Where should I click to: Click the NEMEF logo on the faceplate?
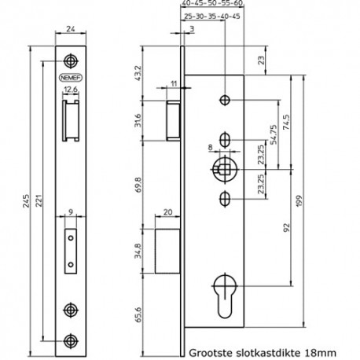tap(71, 78)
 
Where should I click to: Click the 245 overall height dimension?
tap(26, 201)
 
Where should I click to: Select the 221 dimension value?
tap(39, 200)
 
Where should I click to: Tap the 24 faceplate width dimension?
tap(71, 28)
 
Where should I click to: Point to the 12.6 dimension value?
tap(71, 90)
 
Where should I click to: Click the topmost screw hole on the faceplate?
tap(71, 61)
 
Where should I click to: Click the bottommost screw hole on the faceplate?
tap(71, 341)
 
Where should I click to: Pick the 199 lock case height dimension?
tap(299, 201)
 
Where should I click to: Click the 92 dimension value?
tap(287, 227)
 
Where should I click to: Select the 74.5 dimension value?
tap(286, 122)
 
